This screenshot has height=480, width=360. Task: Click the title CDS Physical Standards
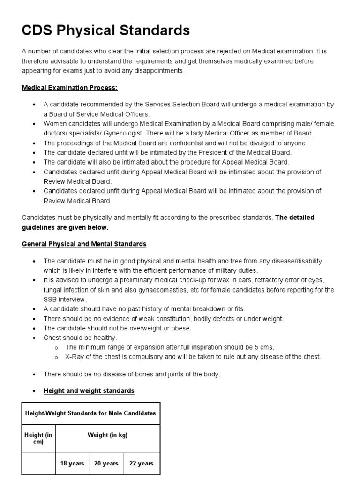[106, 30]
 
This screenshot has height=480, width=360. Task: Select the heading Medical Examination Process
[70, 88]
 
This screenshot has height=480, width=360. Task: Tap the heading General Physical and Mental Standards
[84, 244]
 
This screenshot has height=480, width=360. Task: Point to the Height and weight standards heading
[89, 390]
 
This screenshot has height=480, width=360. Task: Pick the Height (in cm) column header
[38, 438]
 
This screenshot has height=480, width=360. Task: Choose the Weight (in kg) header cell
[107, 435]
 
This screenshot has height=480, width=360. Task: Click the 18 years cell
[72, 463]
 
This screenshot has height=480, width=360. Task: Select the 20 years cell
[106, 463]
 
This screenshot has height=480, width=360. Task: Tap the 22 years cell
[141, 463]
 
